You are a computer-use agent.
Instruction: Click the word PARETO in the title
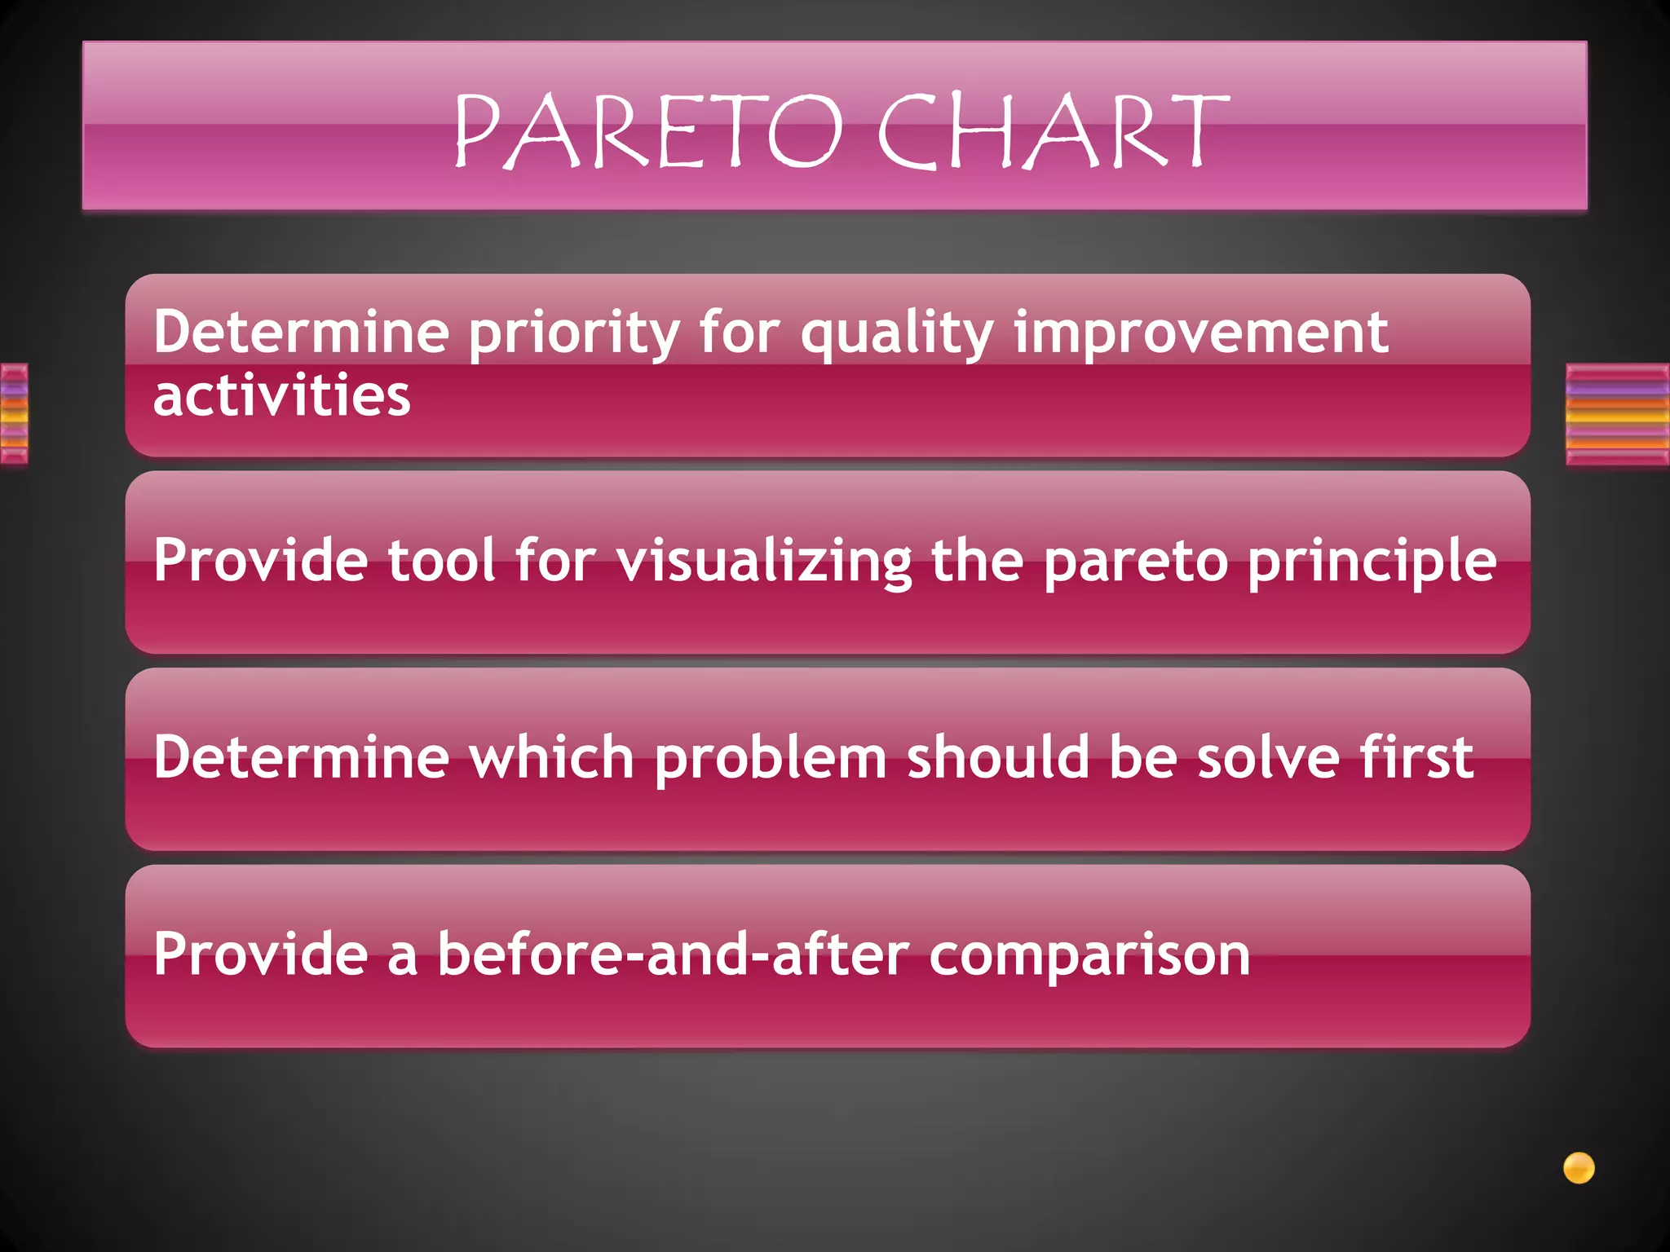[648, 130]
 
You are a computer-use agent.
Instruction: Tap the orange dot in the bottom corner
[1579, 1168]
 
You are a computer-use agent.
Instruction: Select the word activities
[282, 396]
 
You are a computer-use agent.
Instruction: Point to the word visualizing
[764, 562]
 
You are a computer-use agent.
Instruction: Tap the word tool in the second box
[440, 561]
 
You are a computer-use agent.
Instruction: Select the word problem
[771, 758]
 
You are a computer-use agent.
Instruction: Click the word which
[552, 758]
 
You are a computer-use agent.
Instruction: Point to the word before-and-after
[673, 955]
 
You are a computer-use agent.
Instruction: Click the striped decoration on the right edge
[1617, 414]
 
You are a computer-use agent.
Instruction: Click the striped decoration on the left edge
[14, 414]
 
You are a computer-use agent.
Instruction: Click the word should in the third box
[998, 758]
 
